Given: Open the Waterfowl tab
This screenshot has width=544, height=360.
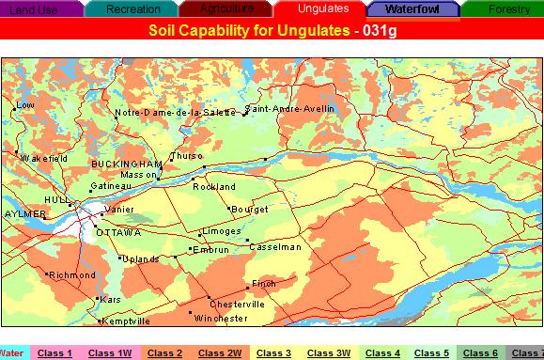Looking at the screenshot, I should point(412,9).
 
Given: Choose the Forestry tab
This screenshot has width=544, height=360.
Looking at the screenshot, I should point(508,9).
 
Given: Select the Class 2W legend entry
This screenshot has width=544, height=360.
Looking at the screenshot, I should point(221,353).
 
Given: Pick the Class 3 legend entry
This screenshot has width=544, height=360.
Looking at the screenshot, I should point(273,353).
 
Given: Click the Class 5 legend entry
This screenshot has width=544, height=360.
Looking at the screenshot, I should point(431,353).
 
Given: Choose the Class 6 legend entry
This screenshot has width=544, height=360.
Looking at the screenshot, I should point(480,353).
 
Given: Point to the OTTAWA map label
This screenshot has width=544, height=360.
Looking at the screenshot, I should point(118,232).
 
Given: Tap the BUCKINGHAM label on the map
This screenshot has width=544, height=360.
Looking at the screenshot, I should point(121,164).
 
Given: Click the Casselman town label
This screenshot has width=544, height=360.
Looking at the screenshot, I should point(276,247).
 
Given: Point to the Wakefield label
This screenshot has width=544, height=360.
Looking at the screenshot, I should point(44,159).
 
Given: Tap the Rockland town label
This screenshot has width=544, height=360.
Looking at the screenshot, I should point(214,187).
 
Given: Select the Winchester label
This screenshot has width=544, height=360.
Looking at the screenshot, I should point(222,319).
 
